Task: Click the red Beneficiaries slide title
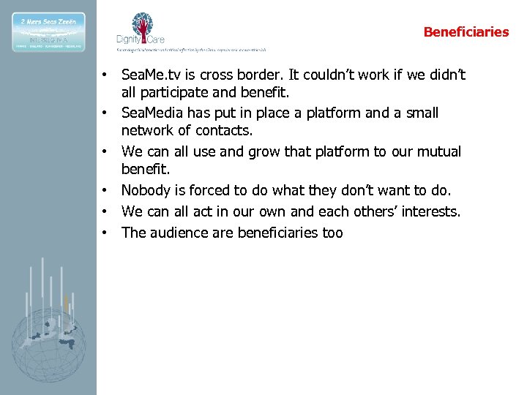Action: (466, 32)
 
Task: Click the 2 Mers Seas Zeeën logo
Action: (48, 31)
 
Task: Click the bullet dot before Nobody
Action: (106, 190)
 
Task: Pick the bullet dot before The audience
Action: (106, 233)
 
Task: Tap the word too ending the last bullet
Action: (332, 233)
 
